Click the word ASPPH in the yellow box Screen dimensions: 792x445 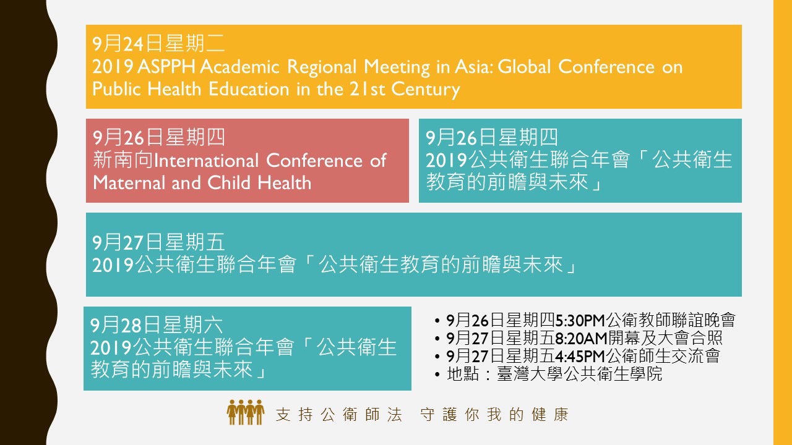(166, 67)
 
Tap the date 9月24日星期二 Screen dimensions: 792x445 (158, 44)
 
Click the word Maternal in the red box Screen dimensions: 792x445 (129, 183)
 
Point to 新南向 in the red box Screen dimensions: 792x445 (123, 160)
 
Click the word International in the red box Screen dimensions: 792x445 (207, 161)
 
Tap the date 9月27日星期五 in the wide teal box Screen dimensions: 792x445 (158, 243)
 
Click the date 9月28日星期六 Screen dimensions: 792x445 (157, 325)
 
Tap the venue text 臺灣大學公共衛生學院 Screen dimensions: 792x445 (579, 374)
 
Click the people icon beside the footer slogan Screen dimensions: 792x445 (246, 412)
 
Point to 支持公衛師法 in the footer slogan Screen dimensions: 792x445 (338, 415)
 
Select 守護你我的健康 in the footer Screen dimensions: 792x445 (494, 415)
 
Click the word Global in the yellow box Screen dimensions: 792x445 (524, 67)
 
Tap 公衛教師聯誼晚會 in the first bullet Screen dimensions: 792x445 (670, 320)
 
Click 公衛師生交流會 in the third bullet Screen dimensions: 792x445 (663, 355)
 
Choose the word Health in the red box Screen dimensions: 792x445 (284, 183)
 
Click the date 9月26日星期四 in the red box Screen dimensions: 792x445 (159, 137)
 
